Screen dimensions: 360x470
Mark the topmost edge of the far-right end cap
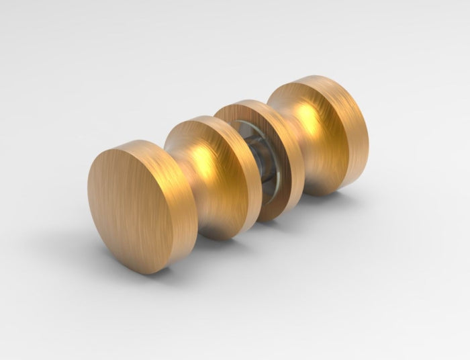tap(316, 77)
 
